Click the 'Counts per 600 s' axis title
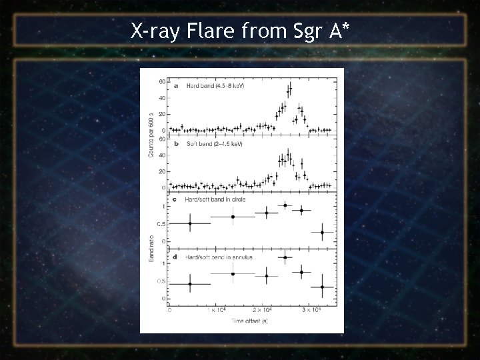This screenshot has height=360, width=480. [151, 135]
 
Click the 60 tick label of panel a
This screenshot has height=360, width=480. [163, 82]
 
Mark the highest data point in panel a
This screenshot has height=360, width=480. [289, 87]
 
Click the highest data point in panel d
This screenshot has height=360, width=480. [285, 257]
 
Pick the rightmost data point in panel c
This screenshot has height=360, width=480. [323, 232]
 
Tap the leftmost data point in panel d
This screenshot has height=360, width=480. [191, 283]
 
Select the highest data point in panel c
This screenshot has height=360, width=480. [285, 205]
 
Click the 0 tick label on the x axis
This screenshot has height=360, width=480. [170, 311]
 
